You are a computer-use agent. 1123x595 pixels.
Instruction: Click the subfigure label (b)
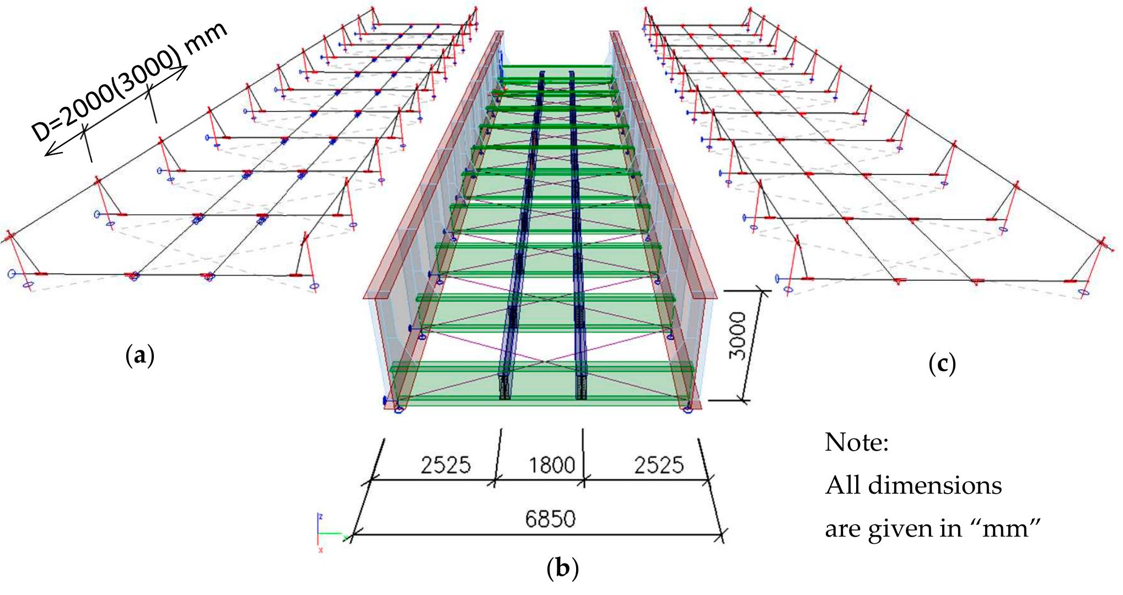coord(562,568)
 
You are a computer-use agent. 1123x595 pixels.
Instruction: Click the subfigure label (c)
coord(942,363)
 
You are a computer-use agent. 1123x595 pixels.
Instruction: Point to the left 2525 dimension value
coord(445,466)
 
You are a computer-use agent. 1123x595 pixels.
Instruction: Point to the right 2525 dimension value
coord(658,466)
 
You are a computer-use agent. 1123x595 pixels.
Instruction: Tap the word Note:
coord(856,442)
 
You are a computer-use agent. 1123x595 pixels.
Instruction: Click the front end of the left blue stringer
coord(504,388)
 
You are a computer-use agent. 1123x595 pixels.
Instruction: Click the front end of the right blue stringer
coord(581,388)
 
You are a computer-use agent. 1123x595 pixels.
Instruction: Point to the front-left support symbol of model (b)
coord(398,409)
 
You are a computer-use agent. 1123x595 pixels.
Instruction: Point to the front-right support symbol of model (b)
coord(687,409)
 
